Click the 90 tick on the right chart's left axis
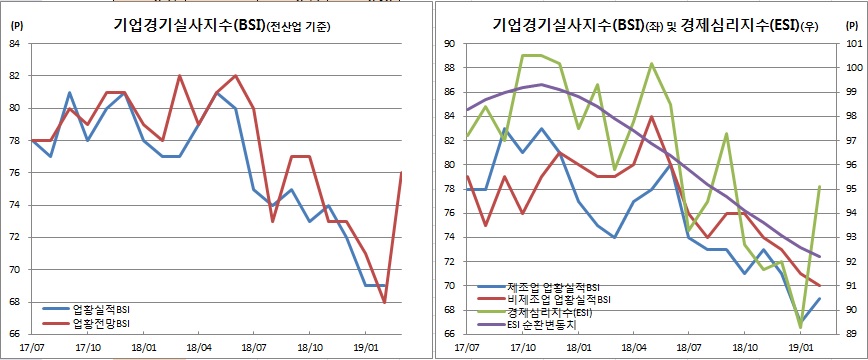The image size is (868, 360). coord(449,43)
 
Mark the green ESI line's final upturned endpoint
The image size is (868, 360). coord(820,186)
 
